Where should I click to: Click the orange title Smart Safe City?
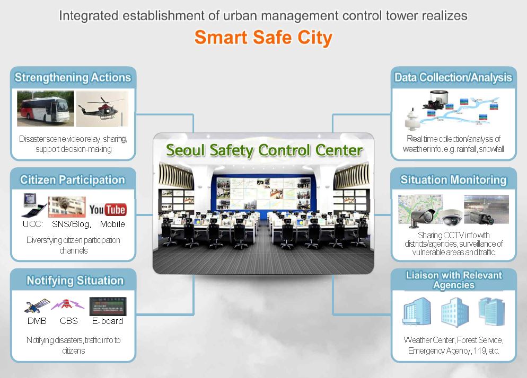(263, 38)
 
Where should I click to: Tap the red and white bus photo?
(46, 109)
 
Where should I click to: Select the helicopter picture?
(102, 109)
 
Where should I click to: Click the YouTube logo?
(108, 210)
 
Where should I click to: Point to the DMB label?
(37, 321)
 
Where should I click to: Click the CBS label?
(69, 321)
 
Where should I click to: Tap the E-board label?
(108, 321)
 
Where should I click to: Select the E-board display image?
(108, 306)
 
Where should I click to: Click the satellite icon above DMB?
(37, 305)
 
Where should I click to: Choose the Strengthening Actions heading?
(73, 77)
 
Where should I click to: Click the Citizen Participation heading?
(73, 180)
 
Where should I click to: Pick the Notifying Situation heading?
(75, 281)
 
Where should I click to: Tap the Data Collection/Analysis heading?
(453, 77)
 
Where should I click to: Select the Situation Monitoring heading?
(453, 180)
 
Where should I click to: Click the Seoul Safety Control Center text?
(264, 150)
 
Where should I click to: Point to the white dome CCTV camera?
(451, 217)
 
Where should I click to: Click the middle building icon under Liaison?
(455, 312)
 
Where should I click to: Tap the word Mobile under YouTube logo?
(112, 224)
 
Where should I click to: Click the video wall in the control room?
(263, 193)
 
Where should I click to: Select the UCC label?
(32, 224)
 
